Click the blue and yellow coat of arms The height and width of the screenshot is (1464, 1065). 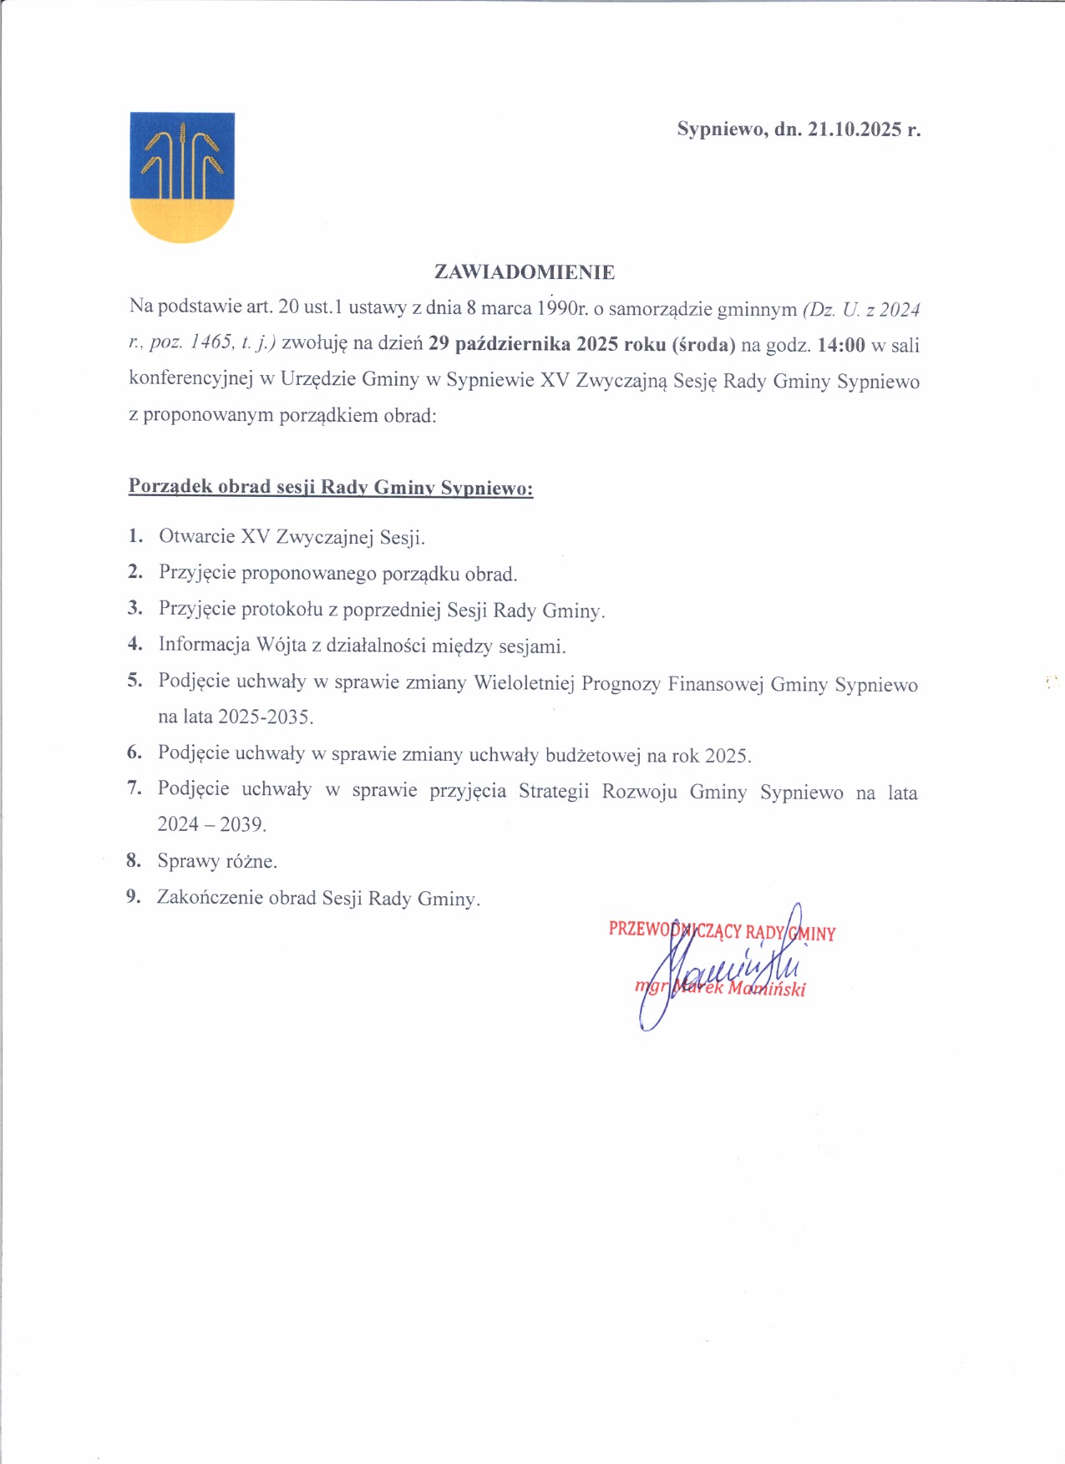point(182,176)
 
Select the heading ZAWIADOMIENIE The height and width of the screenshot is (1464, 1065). point(525,272)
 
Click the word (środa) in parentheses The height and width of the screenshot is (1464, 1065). point(703,345)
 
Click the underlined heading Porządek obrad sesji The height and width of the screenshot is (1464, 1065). point(331,487)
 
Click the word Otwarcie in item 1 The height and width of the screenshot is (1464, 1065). point(197,537)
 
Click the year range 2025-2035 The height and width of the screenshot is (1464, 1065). point(265,717)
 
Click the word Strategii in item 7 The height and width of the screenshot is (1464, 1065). point(553,791)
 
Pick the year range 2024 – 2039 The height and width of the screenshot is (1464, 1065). point(211,825)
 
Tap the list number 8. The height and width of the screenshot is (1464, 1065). point(134,860)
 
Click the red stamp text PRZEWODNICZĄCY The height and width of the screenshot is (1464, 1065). point(675,930)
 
